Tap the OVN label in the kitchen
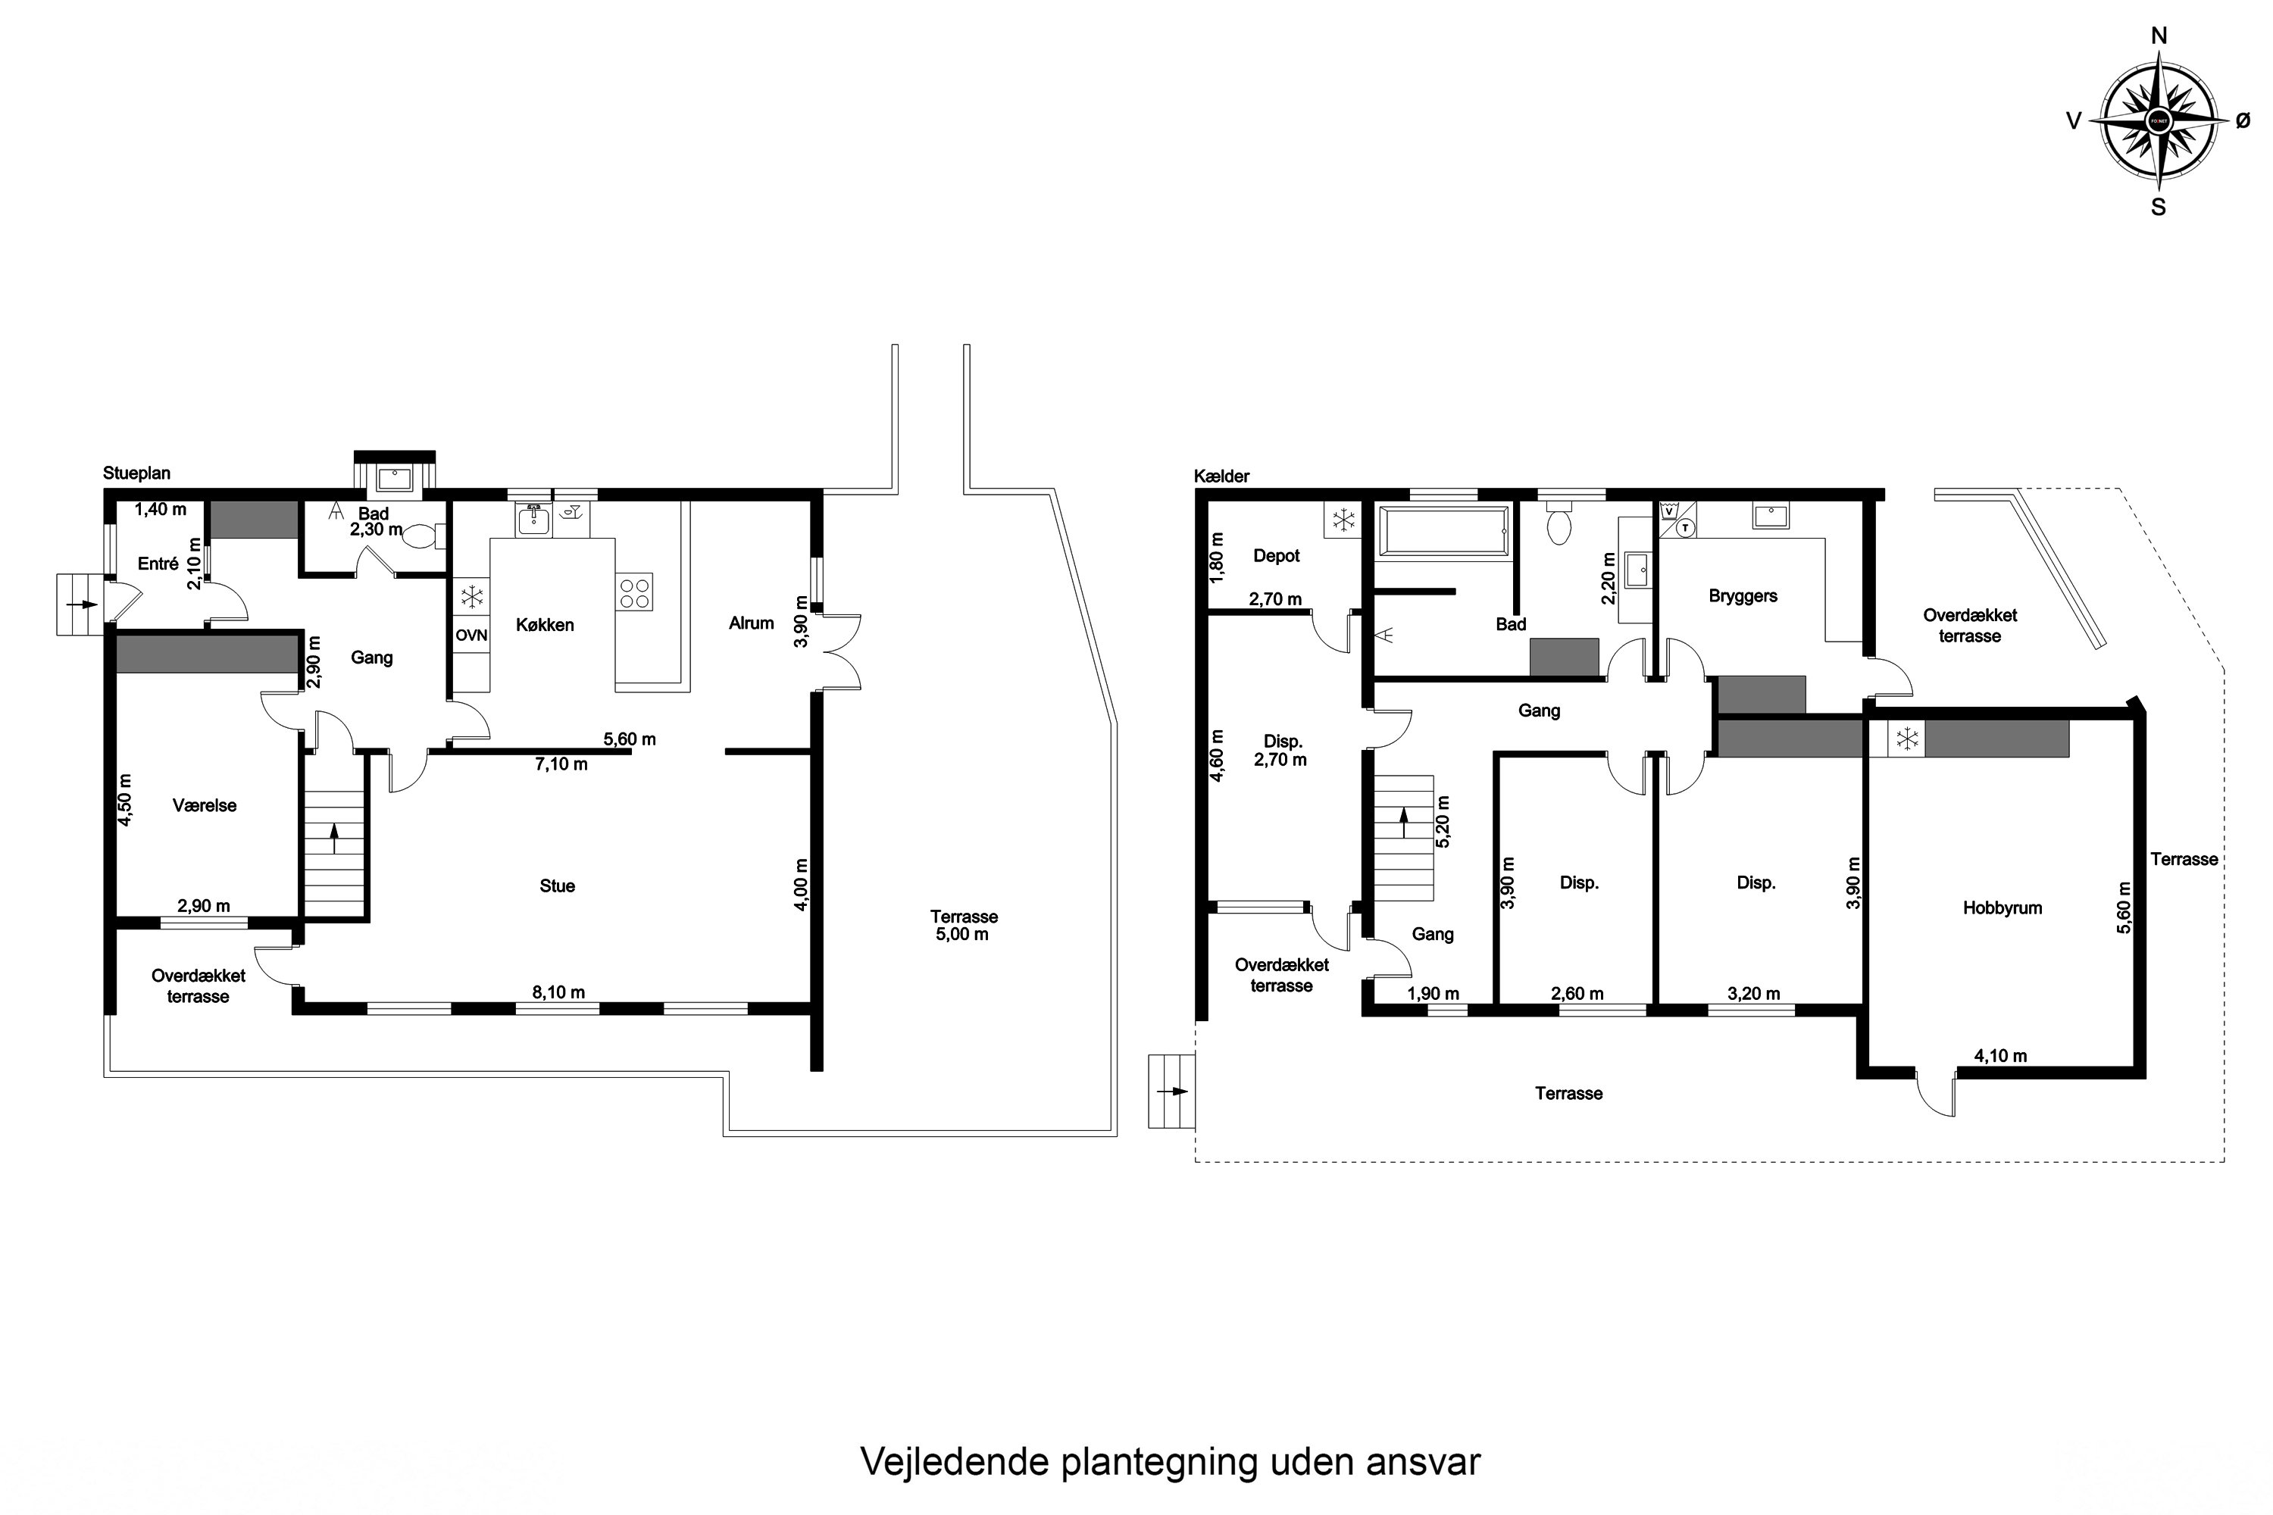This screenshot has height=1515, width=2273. tap(471, 636)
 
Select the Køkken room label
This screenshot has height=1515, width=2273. tap(544, 625)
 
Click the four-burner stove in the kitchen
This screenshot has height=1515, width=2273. tap(634, 592)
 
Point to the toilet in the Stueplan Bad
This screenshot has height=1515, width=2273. tap(421, 536)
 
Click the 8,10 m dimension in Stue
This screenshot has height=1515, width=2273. tap(558, 992)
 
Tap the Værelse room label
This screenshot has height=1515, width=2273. tap(204, 806)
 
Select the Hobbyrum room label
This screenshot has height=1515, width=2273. tap(2002, 908)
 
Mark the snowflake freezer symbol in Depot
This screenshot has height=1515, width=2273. tap(1343, 522)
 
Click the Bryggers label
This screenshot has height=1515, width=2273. tap(1743, 596)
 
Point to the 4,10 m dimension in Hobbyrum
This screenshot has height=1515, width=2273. tap(1999, 1056)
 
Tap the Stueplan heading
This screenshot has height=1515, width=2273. tap(136, 473)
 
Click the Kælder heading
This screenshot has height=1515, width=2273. tap(1221, 476)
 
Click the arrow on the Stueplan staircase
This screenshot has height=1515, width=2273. tap(334, 838)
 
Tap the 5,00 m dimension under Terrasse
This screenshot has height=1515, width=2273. tap(961, 934)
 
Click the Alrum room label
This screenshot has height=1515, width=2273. tap(751, 623)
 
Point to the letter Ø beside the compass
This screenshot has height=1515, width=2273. tap(2243, 120)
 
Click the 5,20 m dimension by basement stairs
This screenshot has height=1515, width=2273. tap(1443, 821)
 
